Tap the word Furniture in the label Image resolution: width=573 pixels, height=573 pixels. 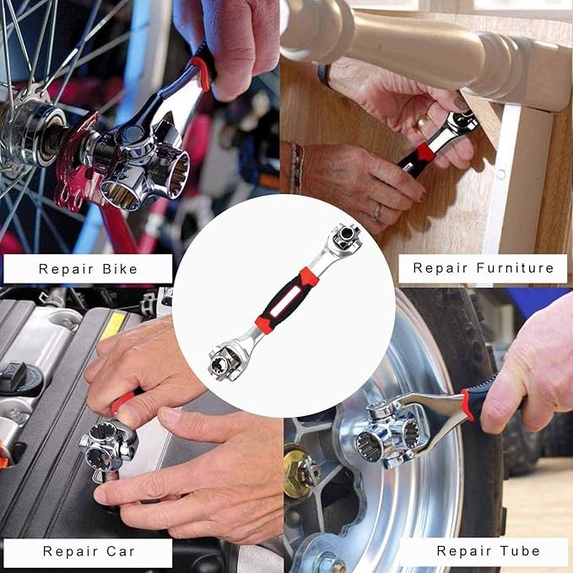(511, 269)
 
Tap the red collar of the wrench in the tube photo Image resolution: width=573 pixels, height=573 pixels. (467, 405)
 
